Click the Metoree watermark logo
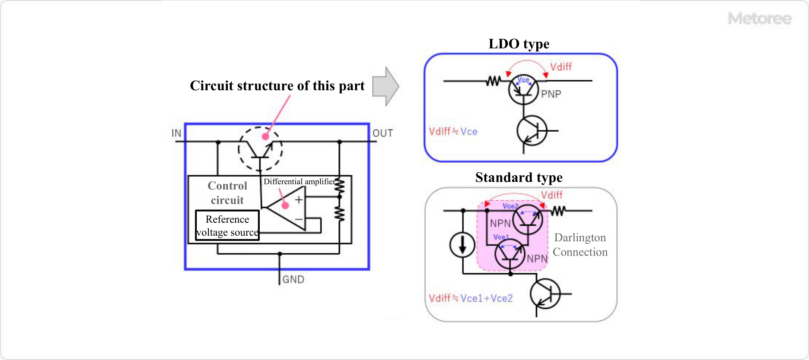point(759,19)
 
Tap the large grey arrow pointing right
point(385,86)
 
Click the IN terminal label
point(176,133)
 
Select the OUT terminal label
point(383,133)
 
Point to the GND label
point(293,280)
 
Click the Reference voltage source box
point(227,225)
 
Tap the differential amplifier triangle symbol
point(287,210)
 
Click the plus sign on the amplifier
point(299,200)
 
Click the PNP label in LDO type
point(551,94)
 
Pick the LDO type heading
point(519,44)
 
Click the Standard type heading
point(519,178)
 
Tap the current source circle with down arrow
point(462,245)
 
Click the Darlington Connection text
point(580,245)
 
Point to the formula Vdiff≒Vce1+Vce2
point(470,298)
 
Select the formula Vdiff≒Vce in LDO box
point(453,132)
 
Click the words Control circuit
point(227,193)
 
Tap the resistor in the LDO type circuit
point(493,81)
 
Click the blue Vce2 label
point(510,206)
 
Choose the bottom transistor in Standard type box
point(545,294)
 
